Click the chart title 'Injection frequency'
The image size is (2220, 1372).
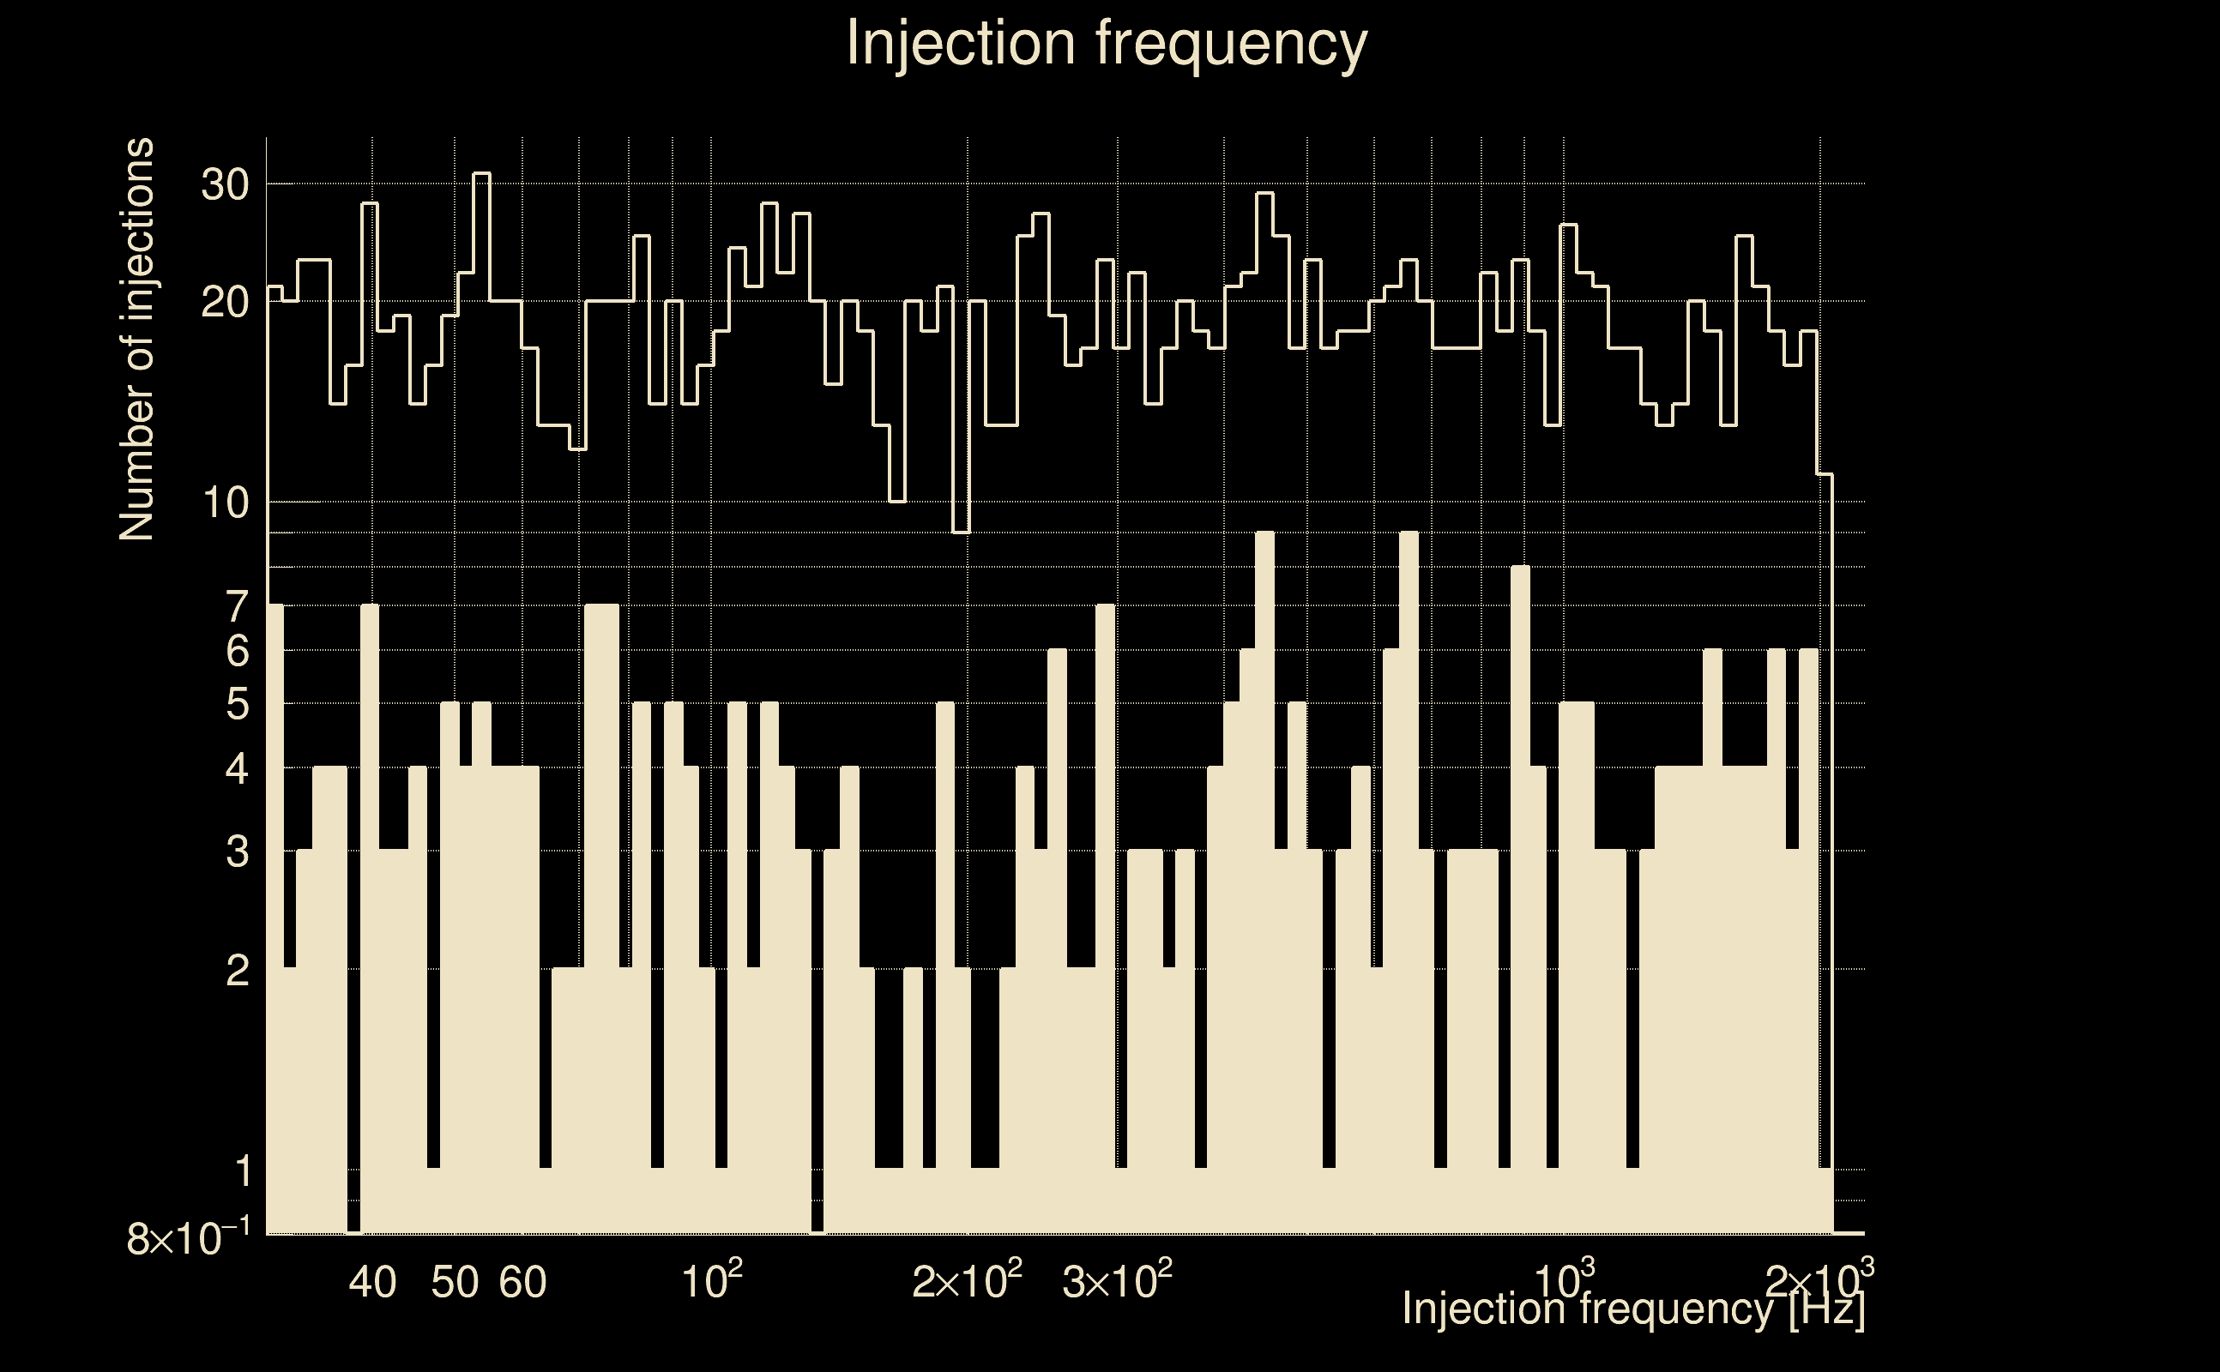[x=1107, y=43]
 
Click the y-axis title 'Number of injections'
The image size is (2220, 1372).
[x=137, y=340]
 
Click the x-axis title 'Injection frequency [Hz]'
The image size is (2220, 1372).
[x=1632, y=1309]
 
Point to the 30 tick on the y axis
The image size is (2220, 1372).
[x=224, y=185]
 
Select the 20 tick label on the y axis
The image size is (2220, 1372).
[x=224, y=302]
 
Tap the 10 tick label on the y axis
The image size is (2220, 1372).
[x=224, y=502]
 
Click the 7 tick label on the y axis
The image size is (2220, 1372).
[x=237, y=606]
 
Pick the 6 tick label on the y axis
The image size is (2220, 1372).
[x=237, y=651]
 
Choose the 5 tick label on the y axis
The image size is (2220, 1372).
[x=237, y=704]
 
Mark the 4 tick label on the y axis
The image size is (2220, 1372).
[x=237, y=769]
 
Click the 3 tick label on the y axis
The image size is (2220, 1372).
[x=237, y=852]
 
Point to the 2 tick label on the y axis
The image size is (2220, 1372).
[x=237, y=971]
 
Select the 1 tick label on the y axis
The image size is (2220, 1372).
[x=241, y=1171]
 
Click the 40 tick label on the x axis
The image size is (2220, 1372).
[x=373, y=1282]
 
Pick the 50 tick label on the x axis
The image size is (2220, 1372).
[x=455, y=1282]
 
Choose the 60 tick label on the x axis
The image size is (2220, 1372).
[x=522, y=1282]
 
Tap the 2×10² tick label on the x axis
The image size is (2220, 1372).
[x=968, y=1280]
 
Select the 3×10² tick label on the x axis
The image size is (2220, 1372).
[x=1117, y=1280]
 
